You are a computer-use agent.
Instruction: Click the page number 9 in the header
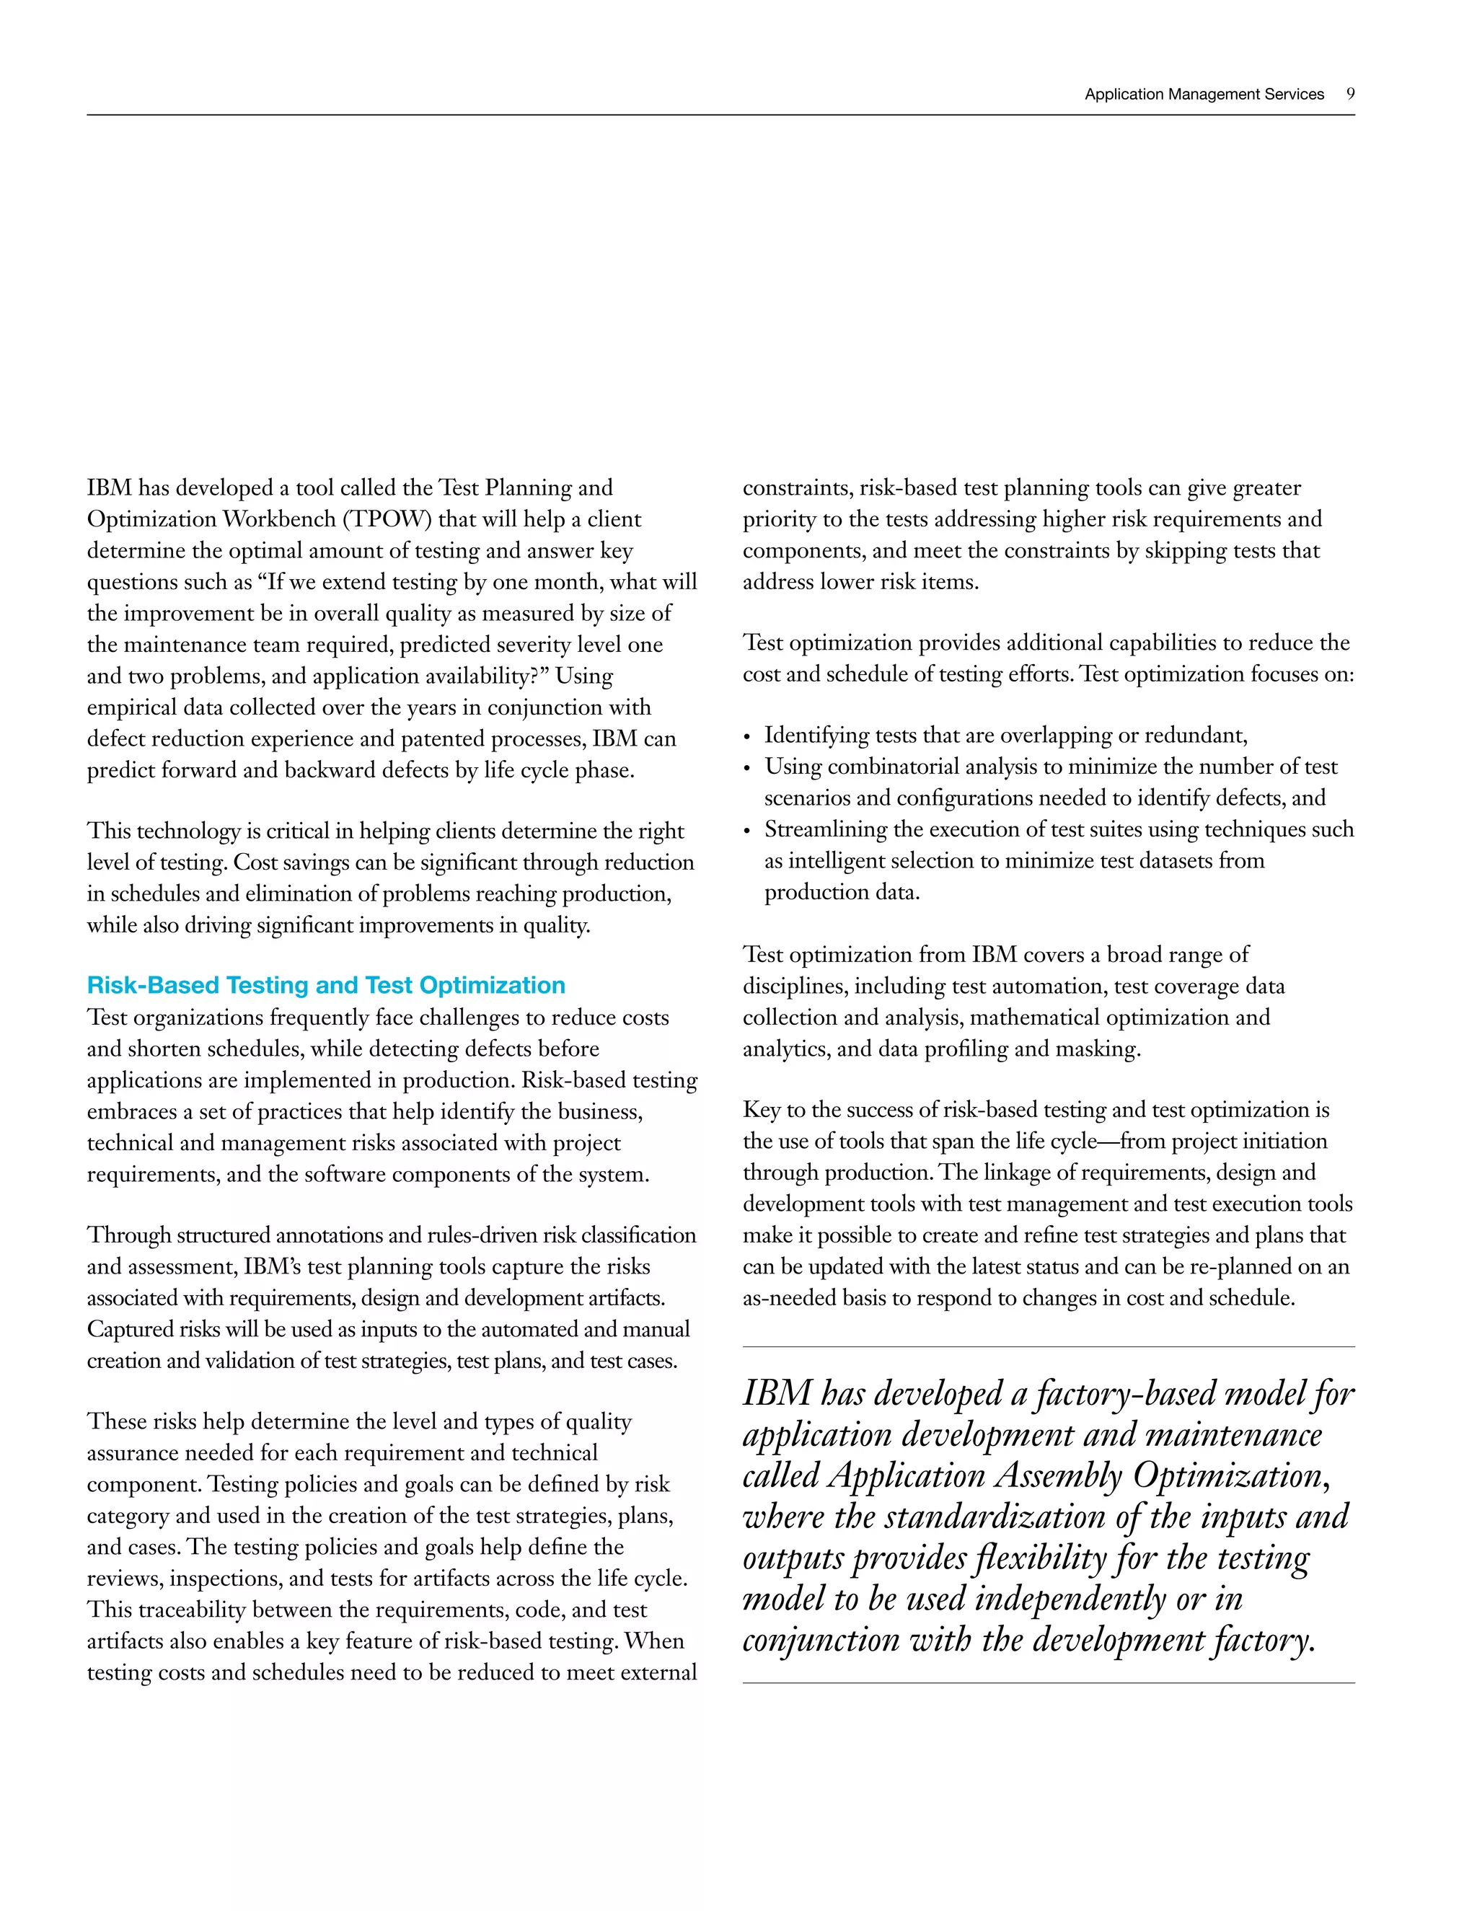click(x=1350, y=94)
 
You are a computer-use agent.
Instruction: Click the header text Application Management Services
click(x=1204, y=94)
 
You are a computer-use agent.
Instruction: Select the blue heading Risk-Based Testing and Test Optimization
click(x=325, y=985)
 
